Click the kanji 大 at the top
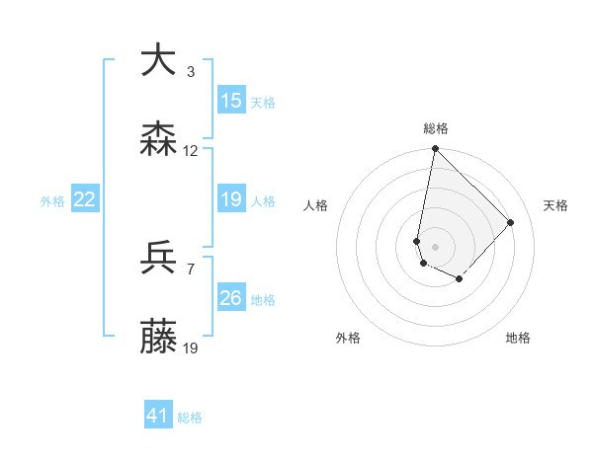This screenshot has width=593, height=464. click(x=159, y=61)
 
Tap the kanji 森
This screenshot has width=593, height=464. click(x=159, y=140)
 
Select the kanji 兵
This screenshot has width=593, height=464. click(x=159, y=259)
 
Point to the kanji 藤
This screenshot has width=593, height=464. click(x=159, y=338)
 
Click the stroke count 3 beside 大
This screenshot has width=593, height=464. click(x=191, y=72)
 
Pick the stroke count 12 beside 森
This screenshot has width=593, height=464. click(x=191, y=151)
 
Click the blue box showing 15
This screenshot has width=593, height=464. click(x=231, y=101)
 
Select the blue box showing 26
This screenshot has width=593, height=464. click(x=231, y=298)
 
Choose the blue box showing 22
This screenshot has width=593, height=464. click(x=85, y=200)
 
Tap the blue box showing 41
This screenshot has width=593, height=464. click(x=158, y=417)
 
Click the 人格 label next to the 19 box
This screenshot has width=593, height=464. click(x=263, y=201)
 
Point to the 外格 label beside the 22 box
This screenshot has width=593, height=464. click(x=52, y=201)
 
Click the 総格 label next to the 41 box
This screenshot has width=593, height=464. click(x=190, y=418)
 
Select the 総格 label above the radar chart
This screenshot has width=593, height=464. click(x=435, y=128)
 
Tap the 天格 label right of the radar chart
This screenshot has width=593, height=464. click(x=555, y=205)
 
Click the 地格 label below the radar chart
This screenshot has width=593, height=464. click(x=518, y=338)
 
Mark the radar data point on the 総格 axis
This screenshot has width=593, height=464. click(x=435, y=149)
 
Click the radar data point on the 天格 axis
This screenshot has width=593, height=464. click(x=511, y=222)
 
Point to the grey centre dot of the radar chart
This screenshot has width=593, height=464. click(x=435, y=246)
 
